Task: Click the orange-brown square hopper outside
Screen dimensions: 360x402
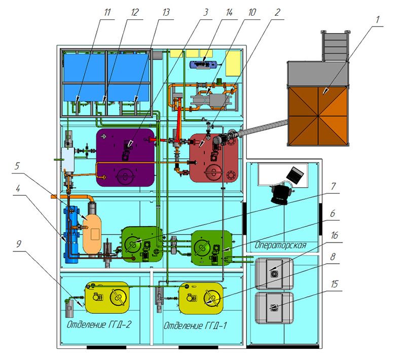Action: click(x=318, y=116)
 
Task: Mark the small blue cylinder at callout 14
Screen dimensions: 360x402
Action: click(x=203, y=64)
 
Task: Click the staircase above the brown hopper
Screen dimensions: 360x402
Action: click(x=335, y=46)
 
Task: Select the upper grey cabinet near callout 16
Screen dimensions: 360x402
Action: click(x=275, y=273)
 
